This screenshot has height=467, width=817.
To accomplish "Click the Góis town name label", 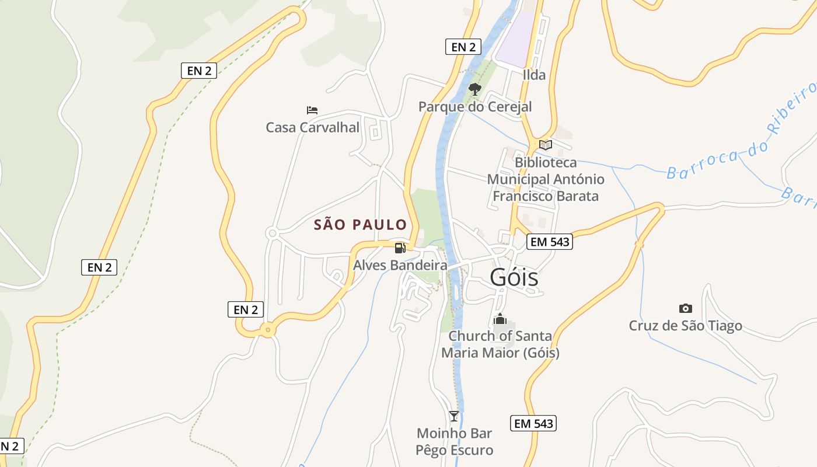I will pyautogui.click(x=514, y=277).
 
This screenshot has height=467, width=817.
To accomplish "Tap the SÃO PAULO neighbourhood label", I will pyautogui.click(x=360, y=225).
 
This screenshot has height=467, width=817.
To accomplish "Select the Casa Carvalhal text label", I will pyautogui.click(x=312, y=127).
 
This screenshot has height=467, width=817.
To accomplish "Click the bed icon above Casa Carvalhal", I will pyautogui.click(x=312, y=110).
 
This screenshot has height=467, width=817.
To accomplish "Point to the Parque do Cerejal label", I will pyautogui.click(x=475, y=107).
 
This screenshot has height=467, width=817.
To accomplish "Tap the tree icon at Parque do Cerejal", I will pyautogui.click(x=475, y=89).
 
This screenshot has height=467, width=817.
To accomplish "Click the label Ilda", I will pyautogui.click(x=534, y=75).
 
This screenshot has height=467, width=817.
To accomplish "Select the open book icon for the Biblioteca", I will pyautogui.click(x=546, y=145).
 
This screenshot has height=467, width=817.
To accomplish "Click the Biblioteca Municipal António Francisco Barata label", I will pyautogui.click(x=546, y=179).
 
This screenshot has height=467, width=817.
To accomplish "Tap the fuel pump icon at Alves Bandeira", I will pyautogui.click(x=400, y=248).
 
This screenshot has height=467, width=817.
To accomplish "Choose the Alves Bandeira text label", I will pyautogui.click(x=400, y=265).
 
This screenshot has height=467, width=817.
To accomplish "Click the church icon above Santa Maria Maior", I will pyautogui.click(x=500, y=319).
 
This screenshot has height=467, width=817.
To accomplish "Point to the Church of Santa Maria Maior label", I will pyautogui.click(x=500, y=344).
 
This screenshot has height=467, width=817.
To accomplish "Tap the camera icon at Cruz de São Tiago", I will pyautogui.click(x=686, y=308).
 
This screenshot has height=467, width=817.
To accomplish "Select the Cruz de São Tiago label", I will pyautogui.click(x=686, y=326).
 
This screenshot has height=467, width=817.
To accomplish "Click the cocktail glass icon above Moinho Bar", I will pyautogui.click(x=454, y=416).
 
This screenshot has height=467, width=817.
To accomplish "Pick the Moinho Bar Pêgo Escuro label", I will pyautogui.click(x=454, y=442).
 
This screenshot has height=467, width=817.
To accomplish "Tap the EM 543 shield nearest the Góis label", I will pyautogui.click(x=549, y=242).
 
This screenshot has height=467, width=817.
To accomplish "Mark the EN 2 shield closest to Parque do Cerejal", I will pyautogui.click(x=463, y=47).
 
